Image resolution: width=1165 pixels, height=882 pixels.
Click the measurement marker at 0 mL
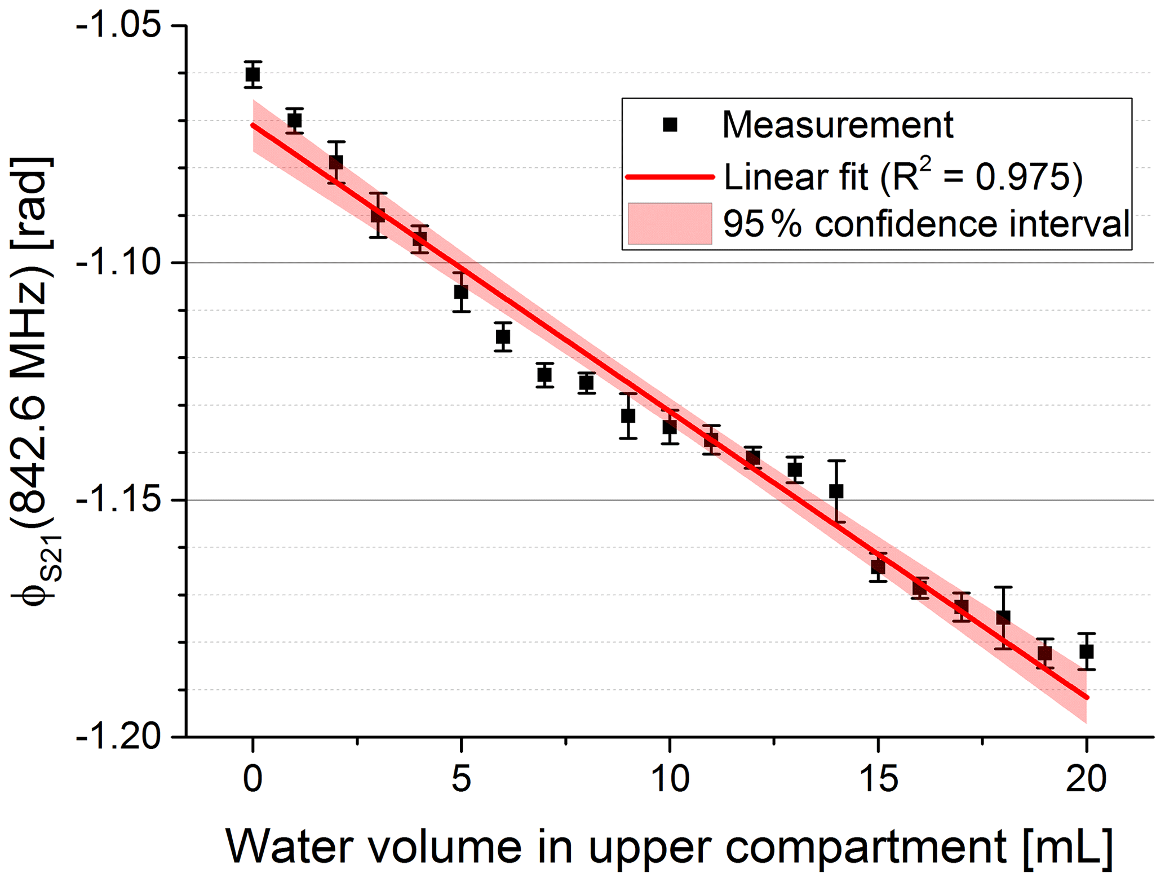click(253, 74)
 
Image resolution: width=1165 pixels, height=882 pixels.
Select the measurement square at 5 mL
click(461, 292)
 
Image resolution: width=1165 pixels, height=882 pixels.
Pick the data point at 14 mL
click(836, 491)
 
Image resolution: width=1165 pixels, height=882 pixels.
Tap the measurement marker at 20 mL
click(1087, 651)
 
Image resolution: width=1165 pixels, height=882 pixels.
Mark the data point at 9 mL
click(628, 416)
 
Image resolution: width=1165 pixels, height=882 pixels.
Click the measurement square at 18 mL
click(1003, 618)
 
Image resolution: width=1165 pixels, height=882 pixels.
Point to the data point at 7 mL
click(544, 375)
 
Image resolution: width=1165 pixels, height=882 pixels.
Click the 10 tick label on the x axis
click(670, 779)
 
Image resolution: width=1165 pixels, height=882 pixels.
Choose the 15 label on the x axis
click(878, 779)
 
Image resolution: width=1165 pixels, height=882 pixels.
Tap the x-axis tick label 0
click(253, 779)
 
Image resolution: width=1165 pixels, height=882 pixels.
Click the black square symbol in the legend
click(670, 125)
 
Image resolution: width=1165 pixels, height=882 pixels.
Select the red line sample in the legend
click(670, 177)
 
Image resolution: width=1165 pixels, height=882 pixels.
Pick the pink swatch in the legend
click(670, 224)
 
